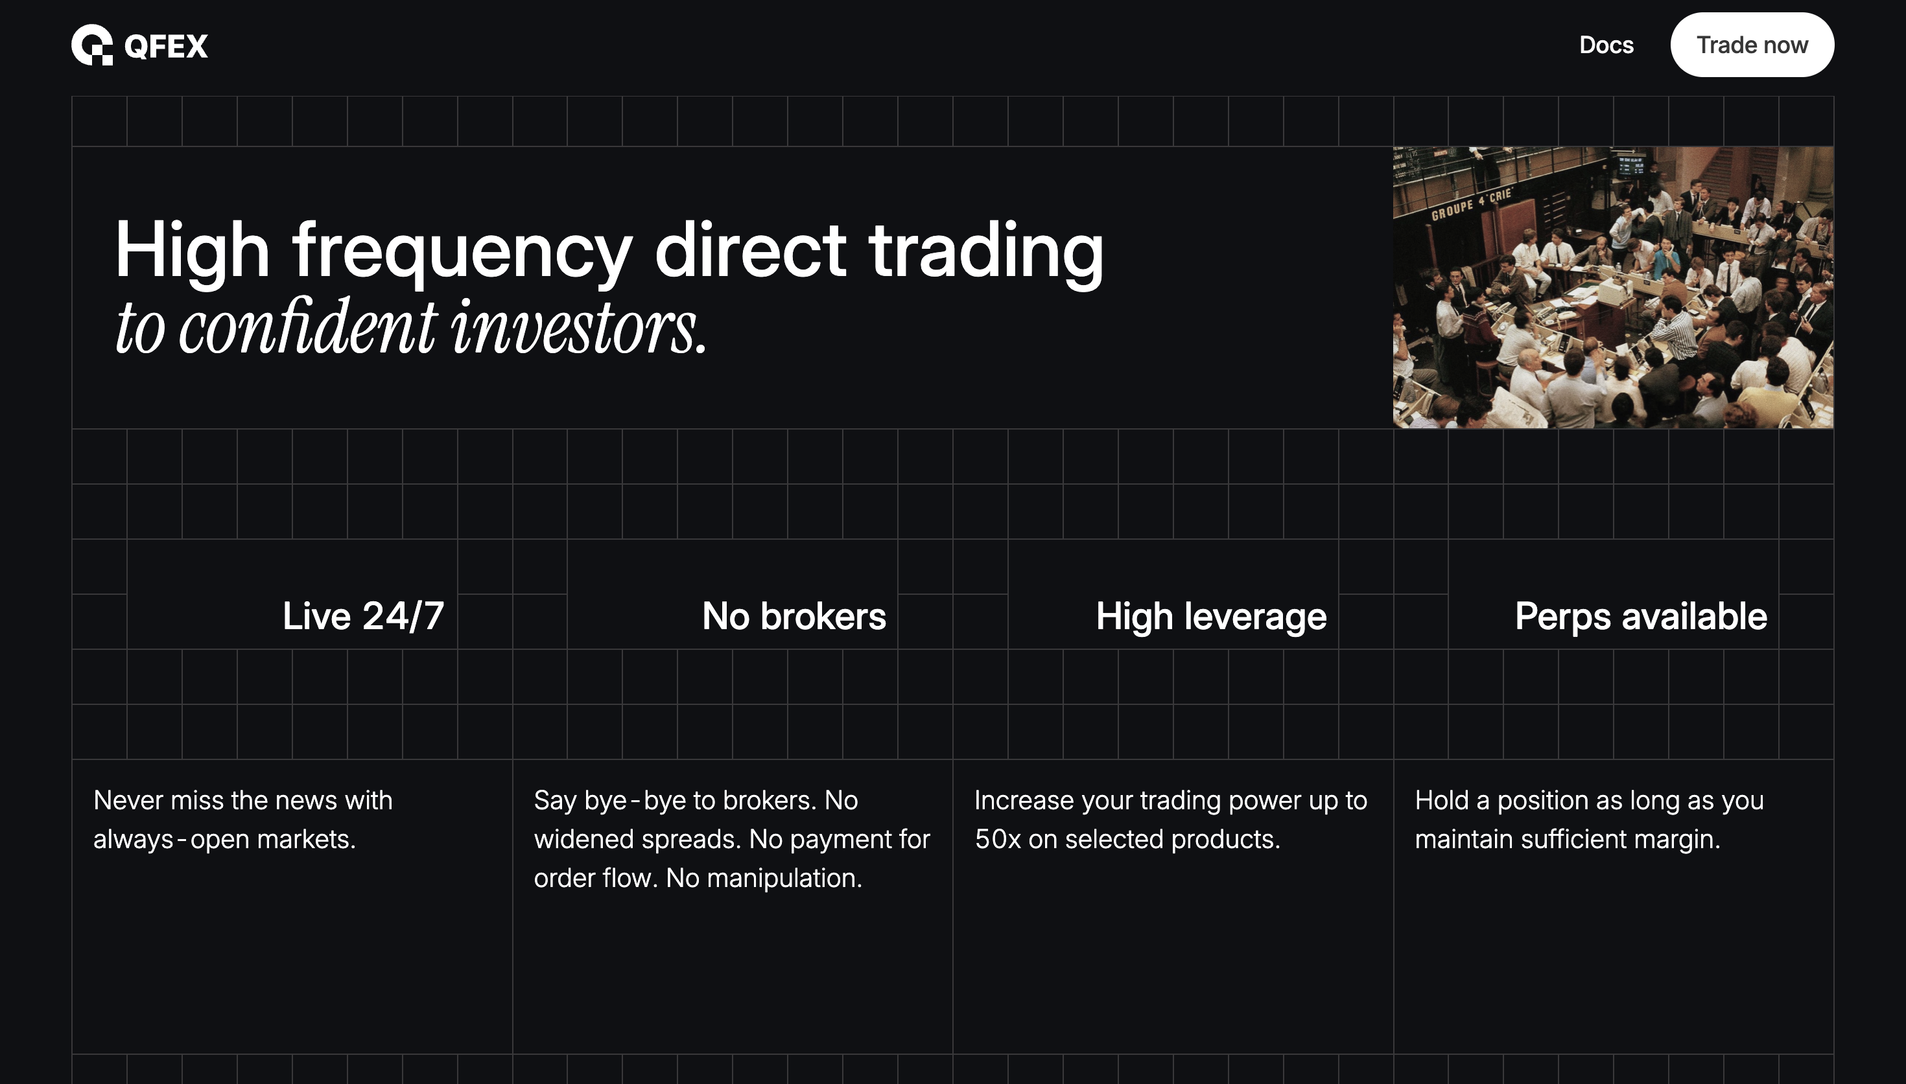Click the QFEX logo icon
point(91,45)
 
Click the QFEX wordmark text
point(166,46)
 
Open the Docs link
point(1606,45)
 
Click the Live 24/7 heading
point(363,616)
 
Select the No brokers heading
point(794,616)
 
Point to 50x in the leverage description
point(998,839)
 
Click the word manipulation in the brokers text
point(784,879)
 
